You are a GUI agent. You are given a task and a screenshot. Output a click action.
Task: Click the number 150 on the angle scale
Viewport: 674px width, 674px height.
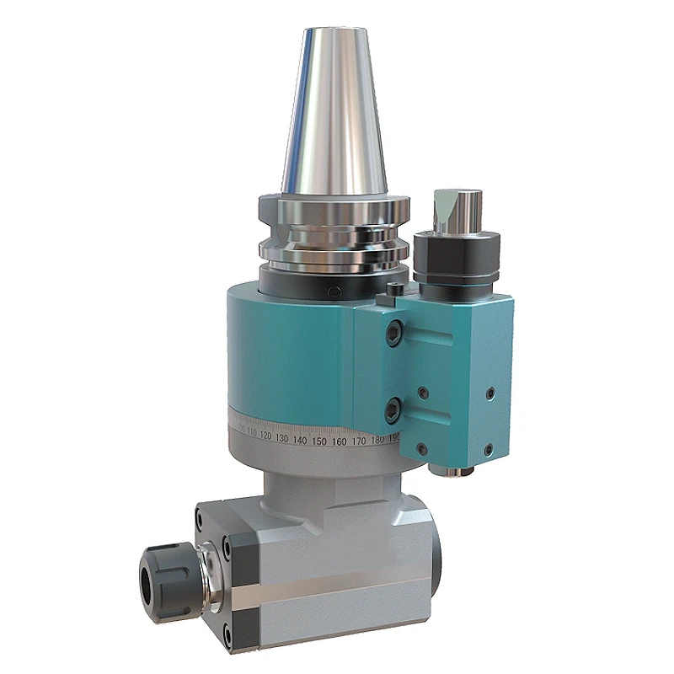click(x=318, y=441)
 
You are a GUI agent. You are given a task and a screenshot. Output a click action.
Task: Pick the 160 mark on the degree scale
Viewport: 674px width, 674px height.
click(x=339, y=441)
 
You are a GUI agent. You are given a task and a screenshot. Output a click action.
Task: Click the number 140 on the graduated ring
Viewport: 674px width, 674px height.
click(x=301, y=440)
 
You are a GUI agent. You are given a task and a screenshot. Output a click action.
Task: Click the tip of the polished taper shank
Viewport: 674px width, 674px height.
click(x=334, y=34)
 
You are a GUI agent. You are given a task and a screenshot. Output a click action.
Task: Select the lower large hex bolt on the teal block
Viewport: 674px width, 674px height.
click(x=393, y=410)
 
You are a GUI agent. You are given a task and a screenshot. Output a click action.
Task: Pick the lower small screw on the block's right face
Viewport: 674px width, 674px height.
click(x=488, y=447)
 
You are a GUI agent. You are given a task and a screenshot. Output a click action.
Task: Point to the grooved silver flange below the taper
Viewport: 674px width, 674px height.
click(x=334, y=227)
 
